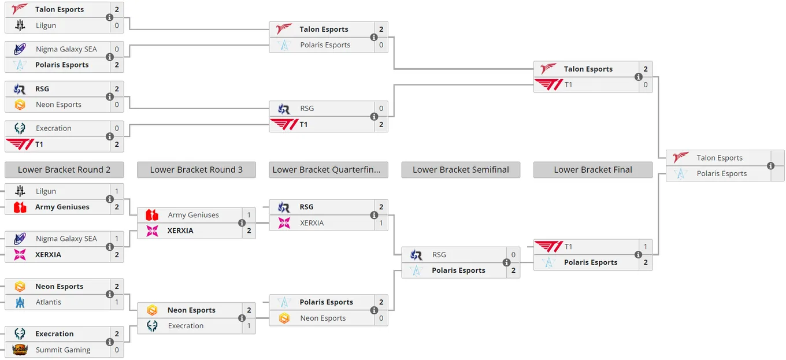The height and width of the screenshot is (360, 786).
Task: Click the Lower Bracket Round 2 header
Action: pyautogui.click(x=64, y=170)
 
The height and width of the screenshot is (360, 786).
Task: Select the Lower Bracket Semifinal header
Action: pyautogui.click(x=461, y=170)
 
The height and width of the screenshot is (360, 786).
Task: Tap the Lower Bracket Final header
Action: pyautogui.click(x=593, y=170)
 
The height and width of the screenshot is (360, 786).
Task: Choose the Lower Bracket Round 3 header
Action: pyautogui.click(x=196, y=170)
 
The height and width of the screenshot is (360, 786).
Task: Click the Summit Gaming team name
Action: pyautogui.click(x=63, y=350)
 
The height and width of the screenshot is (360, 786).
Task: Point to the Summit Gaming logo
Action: pyautogui.click(x=20, y=350)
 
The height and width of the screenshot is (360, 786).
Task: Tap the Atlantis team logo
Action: pyautogui.click(x=20, y=302)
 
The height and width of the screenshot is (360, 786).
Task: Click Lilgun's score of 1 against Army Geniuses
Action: pyautogui.click(x=117, y=191)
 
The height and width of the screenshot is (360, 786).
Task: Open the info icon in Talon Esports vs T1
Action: pyautogui.click(x=638, y=77)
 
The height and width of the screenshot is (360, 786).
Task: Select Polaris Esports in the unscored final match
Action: pyautogui.click(x=721, y=173)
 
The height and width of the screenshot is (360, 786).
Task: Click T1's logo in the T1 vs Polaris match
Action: pyautogui.click(x=549, y=246)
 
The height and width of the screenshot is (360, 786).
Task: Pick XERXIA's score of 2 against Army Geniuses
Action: pyautogui.click(x=249, y=231)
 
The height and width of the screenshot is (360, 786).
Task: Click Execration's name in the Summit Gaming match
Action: pyautogui.click(x=54, y=333)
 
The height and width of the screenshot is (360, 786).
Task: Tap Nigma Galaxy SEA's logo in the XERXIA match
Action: pyautogui.click(x=20, y=239)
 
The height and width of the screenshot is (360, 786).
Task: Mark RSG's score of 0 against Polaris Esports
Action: pyautogui.click(x=513, y=254)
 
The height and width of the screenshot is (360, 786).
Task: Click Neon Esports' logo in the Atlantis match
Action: pyautogui.click(x=20, y=286)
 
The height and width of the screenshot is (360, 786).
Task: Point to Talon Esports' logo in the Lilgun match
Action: pyautogui.click(x=19, y=9)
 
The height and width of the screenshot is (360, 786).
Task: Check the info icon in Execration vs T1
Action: pyautogui.click(x=109, y=136)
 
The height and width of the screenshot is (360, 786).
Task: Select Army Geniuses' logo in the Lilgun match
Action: pyautogui.click(x=20, y=207)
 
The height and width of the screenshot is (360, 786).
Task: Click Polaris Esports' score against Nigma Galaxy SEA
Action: pyautogui.click(x=117, y=65)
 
